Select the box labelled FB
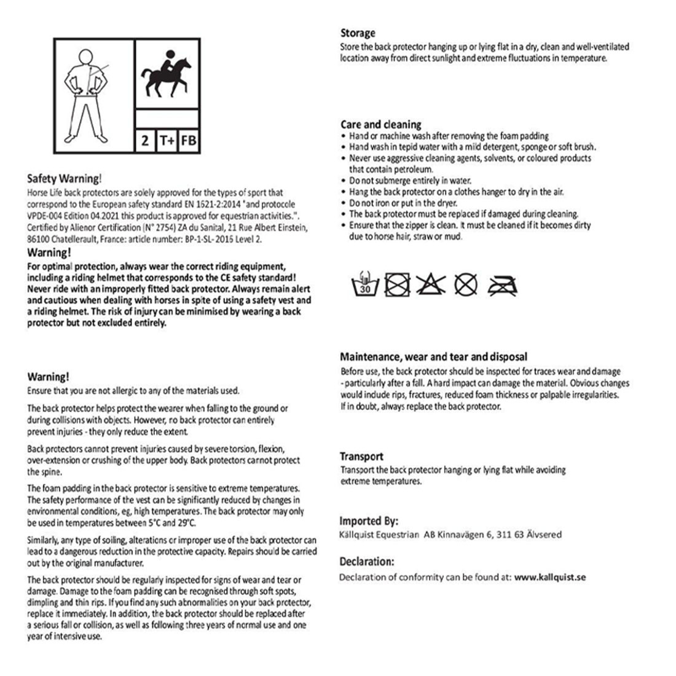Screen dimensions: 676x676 pyautogui.click(x=189, y=141)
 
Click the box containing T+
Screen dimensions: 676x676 pyautogui.click(x=166, y=141)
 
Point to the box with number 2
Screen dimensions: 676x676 pyautogui.click(x=145, y=141)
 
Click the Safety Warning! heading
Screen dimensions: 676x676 pyautogui.click(x=63, y=179)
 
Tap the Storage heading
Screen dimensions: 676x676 pyautogui.click(x=358, y=33)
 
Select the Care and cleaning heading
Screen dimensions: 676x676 pyautogui.click(x=380, y=125)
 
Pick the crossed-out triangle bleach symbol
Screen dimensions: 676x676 pyautogui.click(x=431, y=284)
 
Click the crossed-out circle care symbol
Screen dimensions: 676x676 pyautogui.click(x=466, y=284)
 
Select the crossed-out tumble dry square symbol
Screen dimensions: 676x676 pyautogui.click(x=397, y=285)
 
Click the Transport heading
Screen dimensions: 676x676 pyautogui.click(x=361, y=457)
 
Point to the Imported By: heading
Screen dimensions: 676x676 pyautogui.click(x=369, y=521)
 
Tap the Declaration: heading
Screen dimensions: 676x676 pyautogui.click(x=367, y=562)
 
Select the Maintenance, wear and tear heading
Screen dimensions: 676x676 pyautogui.click(x=433, y=357)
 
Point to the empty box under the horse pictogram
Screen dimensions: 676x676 pyautogui.click(x=167, y=118)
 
